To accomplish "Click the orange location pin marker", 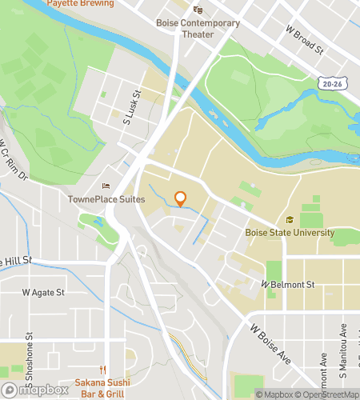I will click(x=181, y=198).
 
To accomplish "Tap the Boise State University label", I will click(x=289, y=233).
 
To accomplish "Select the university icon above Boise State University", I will click(x=289, y=221).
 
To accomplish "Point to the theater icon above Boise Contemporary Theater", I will click(x=198, y=10).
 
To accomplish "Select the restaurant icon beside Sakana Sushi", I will click(x=102, y=369).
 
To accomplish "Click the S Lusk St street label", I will click(x=131, y=109).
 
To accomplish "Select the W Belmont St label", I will click(x=288, y=284).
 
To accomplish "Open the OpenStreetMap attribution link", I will click(x=328, y=394).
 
